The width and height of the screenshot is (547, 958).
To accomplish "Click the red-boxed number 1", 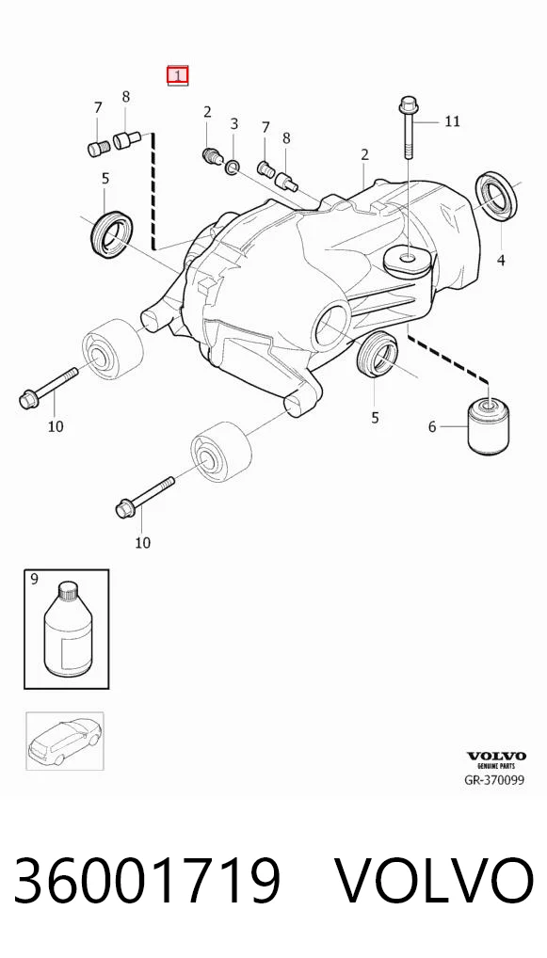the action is [178, 76].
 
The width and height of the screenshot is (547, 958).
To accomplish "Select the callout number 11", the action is [452, 121].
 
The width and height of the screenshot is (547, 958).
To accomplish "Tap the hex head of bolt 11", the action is [407, 106].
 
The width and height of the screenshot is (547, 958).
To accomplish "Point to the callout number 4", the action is [501, 260].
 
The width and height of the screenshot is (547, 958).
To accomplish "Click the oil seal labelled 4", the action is [497, 197].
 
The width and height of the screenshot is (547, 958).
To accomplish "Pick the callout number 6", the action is [432, 426].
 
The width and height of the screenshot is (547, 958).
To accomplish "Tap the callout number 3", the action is [234, 124].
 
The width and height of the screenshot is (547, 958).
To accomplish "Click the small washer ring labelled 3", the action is [233, 167].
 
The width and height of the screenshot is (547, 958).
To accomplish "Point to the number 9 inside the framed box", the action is [34, 579].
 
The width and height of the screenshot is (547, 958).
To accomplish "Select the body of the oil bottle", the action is [69, 639].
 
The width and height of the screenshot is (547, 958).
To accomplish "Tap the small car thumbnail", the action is [64, 741].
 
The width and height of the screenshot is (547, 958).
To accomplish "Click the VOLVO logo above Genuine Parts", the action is [495, 757].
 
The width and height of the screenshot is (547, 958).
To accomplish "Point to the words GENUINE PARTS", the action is [495, 765].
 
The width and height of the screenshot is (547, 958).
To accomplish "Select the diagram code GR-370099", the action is [494, 779].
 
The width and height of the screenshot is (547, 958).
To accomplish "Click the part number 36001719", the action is [147, 881].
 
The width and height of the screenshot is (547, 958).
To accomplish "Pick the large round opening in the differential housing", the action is [331, 326].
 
